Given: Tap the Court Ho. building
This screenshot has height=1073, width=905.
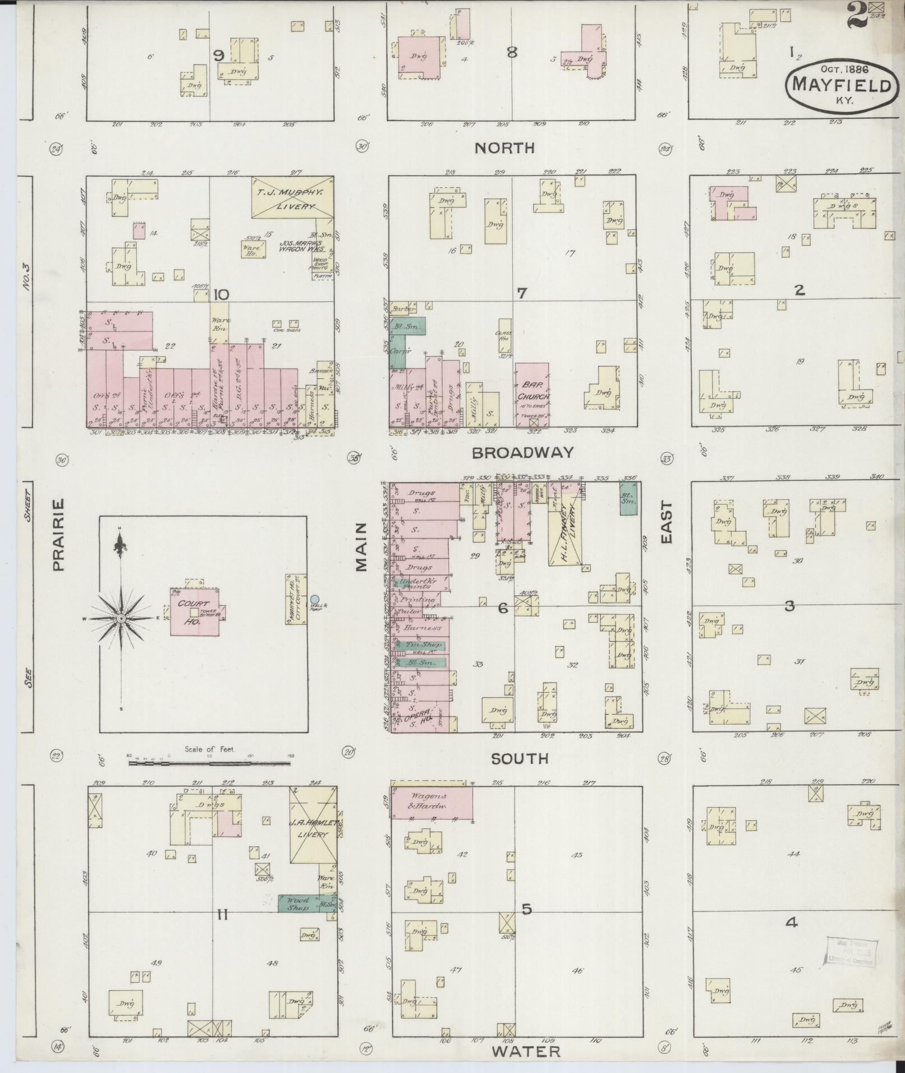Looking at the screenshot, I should click(194, 613).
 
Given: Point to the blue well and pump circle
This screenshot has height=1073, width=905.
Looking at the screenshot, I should click(315, 600).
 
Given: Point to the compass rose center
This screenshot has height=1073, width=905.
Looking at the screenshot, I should click(120, 618).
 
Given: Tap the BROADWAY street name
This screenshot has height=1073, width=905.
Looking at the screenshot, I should click(523, 453).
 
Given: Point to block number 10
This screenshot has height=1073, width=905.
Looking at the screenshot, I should click(222, 294).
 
